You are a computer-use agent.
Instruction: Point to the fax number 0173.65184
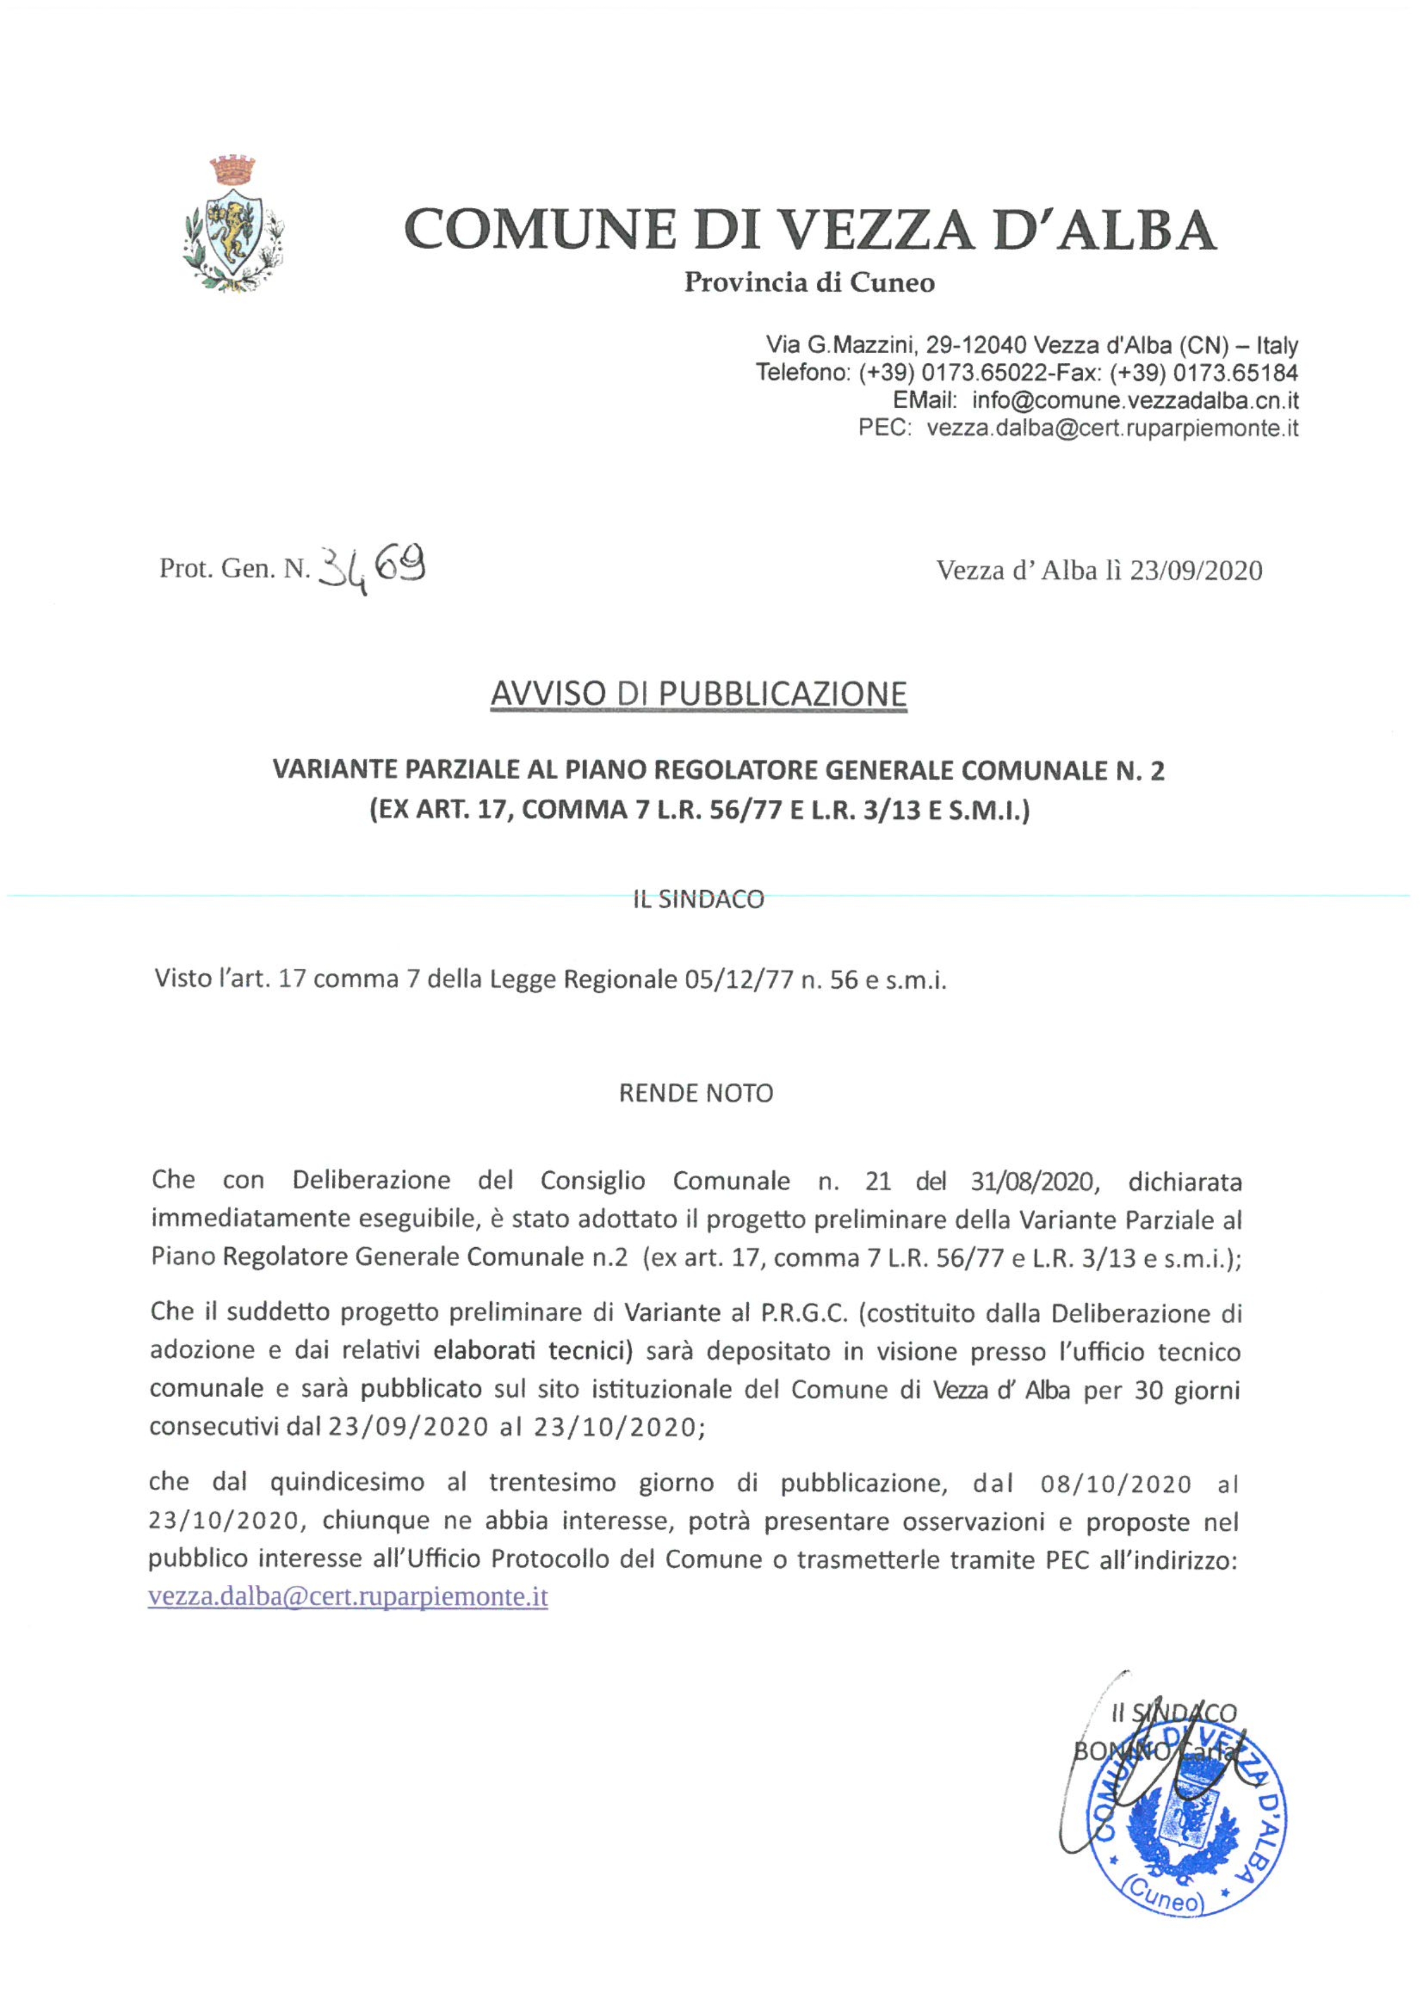tap(1235, 373)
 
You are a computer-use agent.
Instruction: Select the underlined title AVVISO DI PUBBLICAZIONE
tap(699, 694)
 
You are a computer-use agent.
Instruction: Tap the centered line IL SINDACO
tap(699, 900)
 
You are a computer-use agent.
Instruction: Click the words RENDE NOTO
tap(697, 1094)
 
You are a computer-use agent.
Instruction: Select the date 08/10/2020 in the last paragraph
tap(1115, 1484)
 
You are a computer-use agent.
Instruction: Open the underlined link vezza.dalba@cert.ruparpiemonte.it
tap(348, 1597)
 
